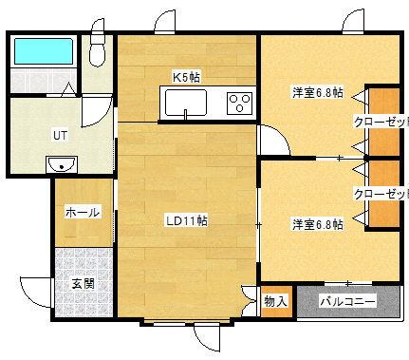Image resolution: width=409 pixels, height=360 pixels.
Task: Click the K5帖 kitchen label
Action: [x=186, y=76]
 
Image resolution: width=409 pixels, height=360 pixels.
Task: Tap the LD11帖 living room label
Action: [x=186, y=220]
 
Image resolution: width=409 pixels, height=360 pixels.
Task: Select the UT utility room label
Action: [x=59, y=135]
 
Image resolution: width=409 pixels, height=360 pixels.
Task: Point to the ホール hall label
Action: [x=82, y=213]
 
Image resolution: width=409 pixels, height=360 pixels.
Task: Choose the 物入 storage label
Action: [x=275, y=302]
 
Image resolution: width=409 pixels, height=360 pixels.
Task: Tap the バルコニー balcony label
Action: [x=347, y=302]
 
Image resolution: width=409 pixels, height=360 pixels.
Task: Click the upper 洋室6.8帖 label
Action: [x=317, y=93]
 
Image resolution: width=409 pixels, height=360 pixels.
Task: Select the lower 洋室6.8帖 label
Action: [x=317, y=224]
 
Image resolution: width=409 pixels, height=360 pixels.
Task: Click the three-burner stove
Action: [x=239, y=102]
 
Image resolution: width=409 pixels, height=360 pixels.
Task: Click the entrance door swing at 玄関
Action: [x=36, y=289]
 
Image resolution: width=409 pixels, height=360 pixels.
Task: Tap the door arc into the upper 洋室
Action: [x=272, y=141]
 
